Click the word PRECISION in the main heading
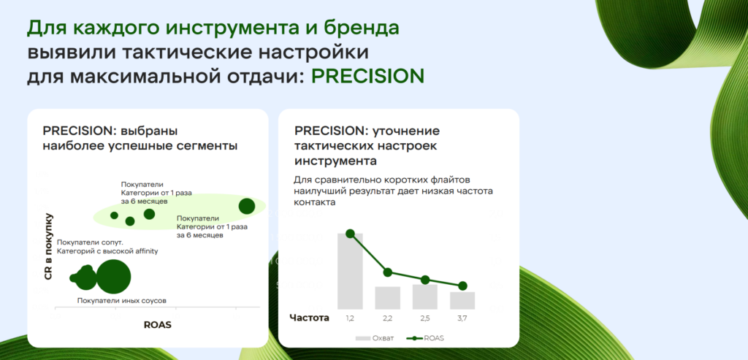tap(368, 76)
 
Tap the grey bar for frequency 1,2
tap(350, 271)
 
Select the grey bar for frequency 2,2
tap(387, 297)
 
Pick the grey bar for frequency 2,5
tap(425, 296)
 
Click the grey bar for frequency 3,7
tap(462, 300)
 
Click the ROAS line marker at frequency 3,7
tap(462, 286)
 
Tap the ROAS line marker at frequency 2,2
tap(387, 272)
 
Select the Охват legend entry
tap(375, 338)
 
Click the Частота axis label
tap(310, 318)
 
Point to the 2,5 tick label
tap(425, 318)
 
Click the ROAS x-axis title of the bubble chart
tap(158, 325)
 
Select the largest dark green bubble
tap(113, 277)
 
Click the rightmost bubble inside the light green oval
tap(247, 207)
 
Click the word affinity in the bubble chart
tap(142, 250)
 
